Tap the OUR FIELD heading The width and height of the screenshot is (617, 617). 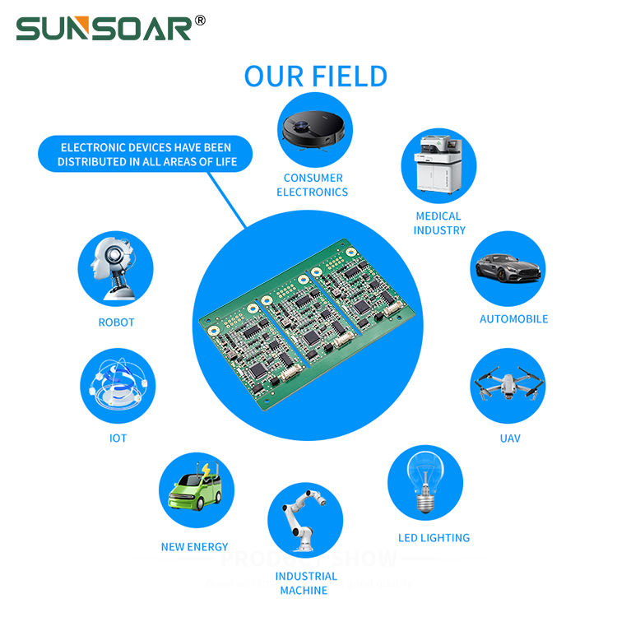click(315, 77)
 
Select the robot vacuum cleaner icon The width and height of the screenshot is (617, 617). click(313, 130)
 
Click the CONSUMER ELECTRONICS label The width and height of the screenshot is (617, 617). click(313, 185)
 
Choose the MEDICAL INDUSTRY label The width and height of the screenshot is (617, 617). click(438, 223)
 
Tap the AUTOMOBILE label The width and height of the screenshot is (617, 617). click(513, 318)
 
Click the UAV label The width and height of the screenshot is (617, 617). click(510, 438)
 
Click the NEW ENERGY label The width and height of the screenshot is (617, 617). click(195, 547)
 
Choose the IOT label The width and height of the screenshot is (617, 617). click(118, 438)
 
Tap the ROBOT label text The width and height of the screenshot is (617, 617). click(116, 322)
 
